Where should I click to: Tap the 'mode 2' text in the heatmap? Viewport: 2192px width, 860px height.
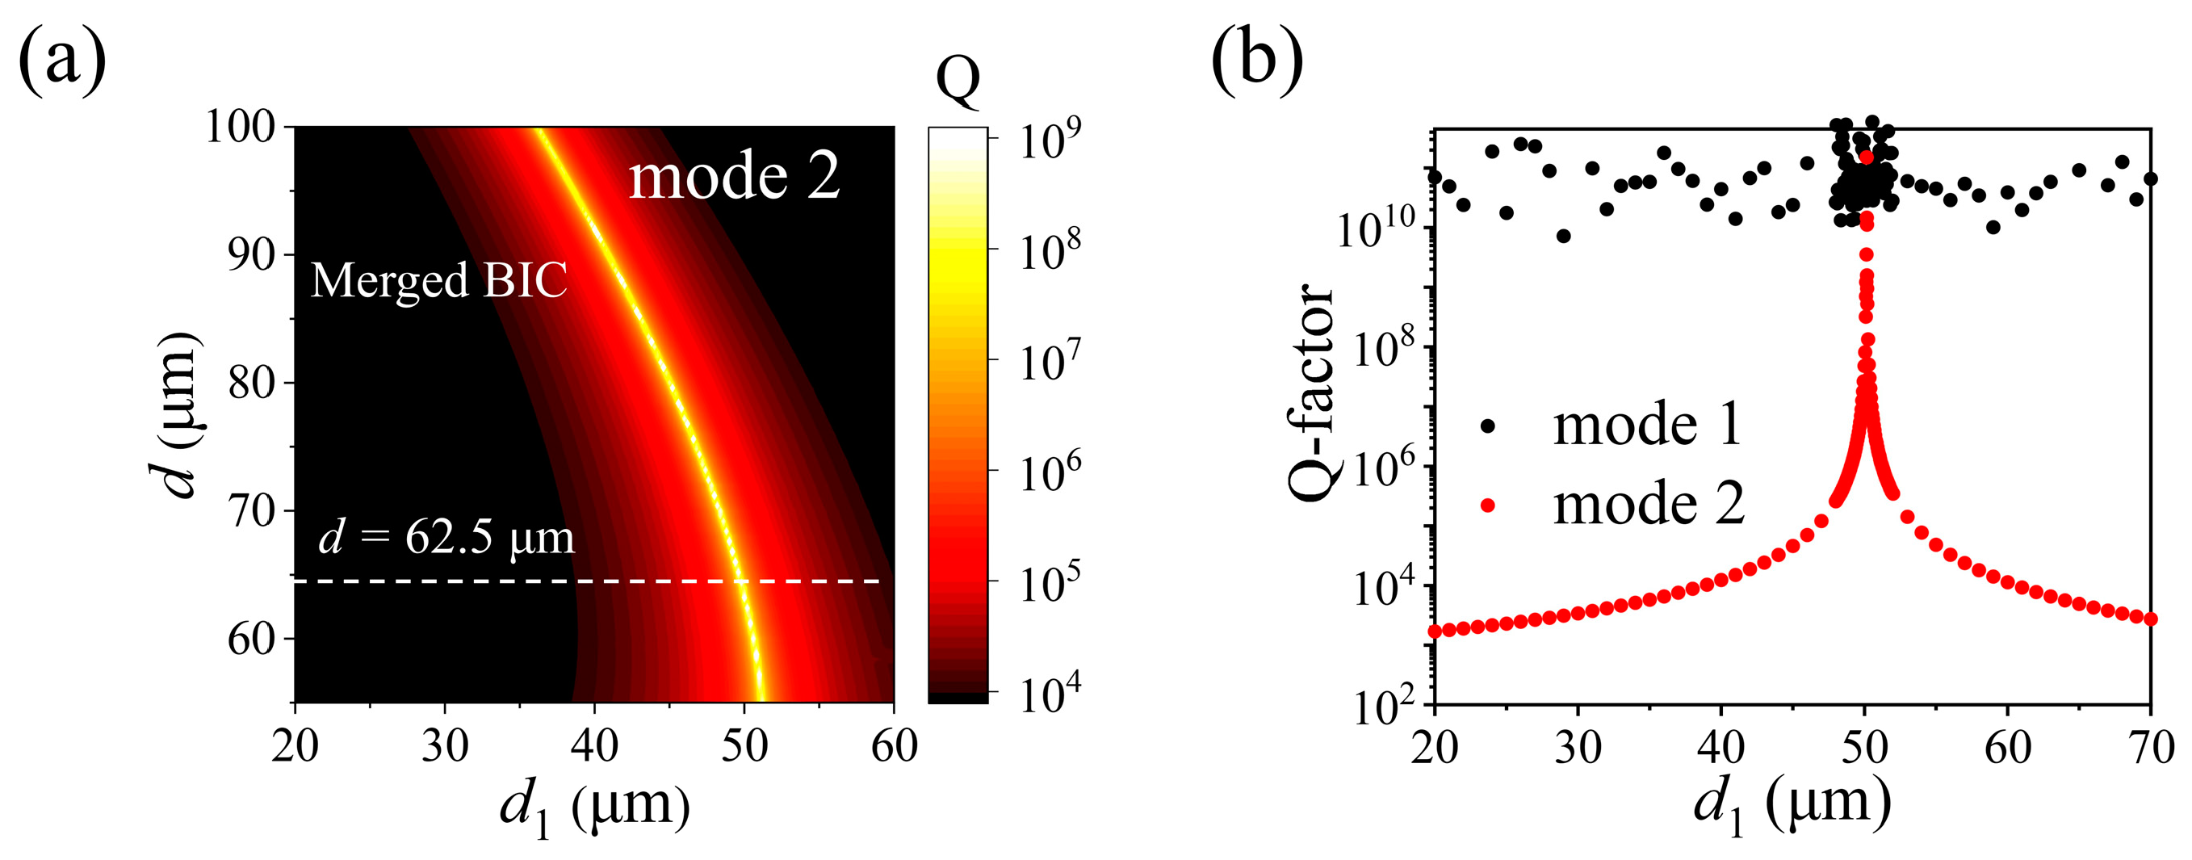pyautogui.click(x=735, y=176)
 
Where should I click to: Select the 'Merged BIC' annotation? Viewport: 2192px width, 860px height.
pyautogui.click(x=438, y=280)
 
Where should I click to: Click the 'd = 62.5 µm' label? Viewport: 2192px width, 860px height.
pyautogui.click(x=446, y=538)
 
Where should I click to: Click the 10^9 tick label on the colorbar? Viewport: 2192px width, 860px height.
pyautogui.click(x=1050, y=140)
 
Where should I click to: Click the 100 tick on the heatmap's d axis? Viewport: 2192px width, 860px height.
pyautogui.click(x=241, y=128)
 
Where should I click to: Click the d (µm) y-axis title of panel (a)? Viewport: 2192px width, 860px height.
pyautogui.click(x=180, y=413)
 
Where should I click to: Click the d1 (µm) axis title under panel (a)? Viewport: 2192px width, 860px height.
pyautogui.click(x=594, y=808)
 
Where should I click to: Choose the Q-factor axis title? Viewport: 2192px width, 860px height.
pyautogui.click(x=1310, y=392)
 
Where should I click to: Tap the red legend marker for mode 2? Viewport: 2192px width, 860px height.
pyautogui.click(x=1487, y=506)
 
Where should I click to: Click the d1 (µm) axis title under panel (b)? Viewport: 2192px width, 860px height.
pyautogui.click(x=1792, y=808)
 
